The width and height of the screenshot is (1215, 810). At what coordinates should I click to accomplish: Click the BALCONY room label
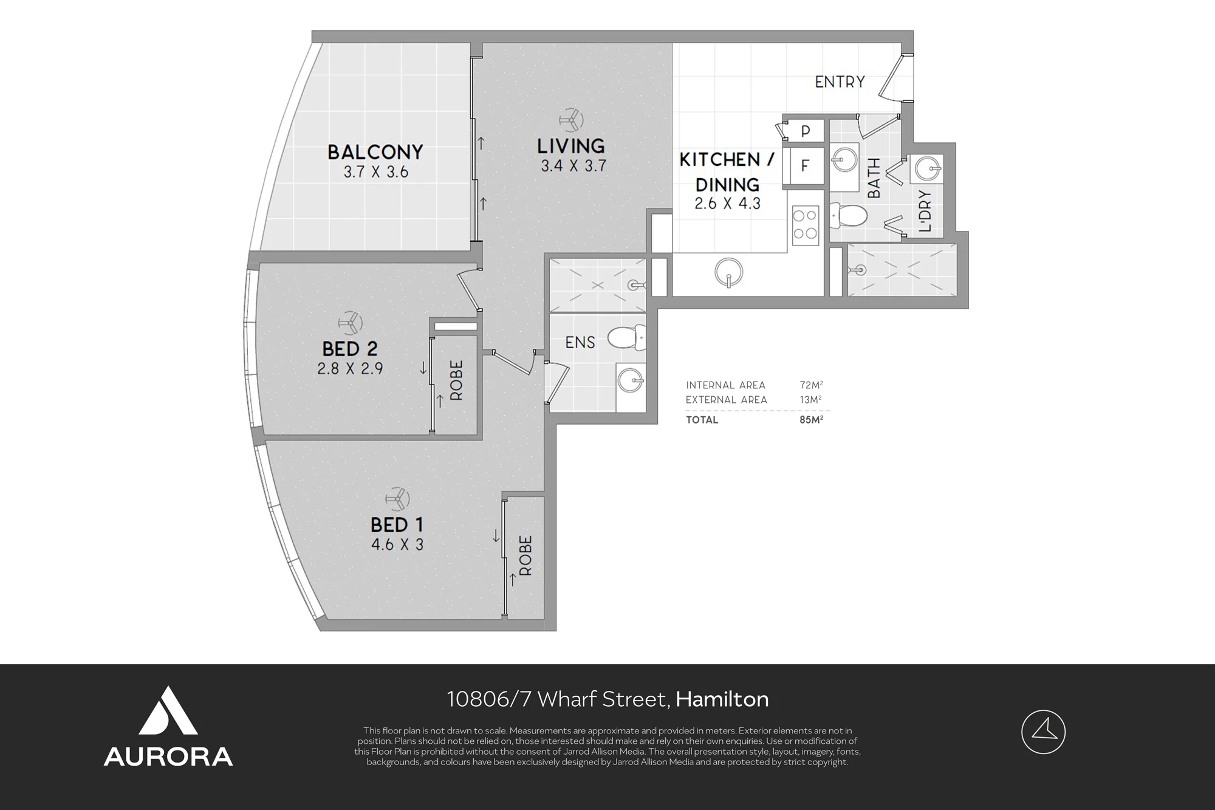click(x=375, y=152)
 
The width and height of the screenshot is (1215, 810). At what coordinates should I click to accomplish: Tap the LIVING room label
click(x=571, y=146)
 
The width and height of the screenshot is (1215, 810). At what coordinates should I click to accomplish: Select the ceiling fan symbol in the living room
click(x=572, y=120)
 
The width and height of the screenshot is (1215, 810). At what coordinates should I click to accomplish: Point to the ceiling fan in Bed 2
click(x=350, y=323)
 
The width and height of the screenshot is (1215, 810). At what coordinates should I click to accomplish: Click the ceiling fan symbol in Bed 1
click(x=398, y=499)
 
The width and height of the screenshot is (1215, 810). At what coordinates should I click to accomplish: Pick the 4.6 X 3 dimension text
click(x=397, y=544)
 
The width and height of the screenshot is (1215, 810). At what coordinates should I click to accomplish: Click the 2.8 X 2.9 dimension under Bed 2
click(x=350, y=368)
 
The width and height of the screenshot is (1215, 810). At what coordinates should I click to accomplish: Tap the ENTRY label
click(x=840, y=81)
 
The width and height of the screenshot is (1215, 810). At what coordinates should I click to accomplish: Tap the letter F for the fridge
click(x=805, y=165)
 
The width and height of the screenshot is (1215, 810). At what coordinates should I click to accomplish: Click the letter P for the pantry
click(x=806, y=131)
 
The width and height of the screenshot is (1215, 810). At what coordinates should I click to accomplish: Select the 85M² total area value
click(x=811, y=419)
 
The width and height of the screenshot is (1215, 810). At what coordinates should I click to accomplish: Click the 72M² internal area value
click(x=811, y=385)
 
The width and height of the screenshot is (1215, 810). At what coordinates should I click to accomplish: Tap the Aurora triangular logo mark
click(x=168, y=712)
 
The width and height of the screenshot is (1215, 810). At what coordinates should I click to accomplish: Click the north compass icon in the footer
click(x=1043, y=732)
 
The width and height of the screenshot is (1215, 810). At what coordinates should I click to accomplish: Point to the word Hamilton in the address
click(x=722, y=699)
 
